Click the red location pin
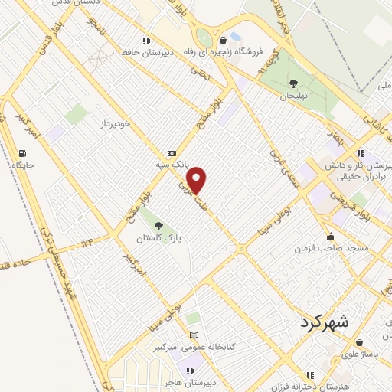click(x=198, y=180)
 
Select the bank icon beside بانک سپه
click(x=171, y=152)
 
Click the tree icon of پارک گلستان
click(x=158, y=226)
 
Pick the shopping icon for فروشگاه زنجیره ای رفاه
click(x=223, y=40)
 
